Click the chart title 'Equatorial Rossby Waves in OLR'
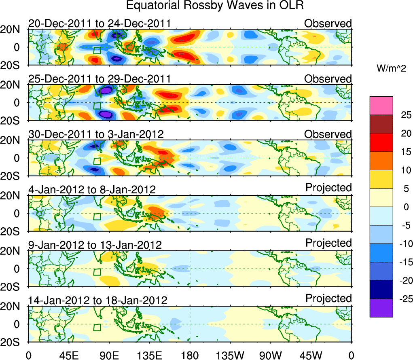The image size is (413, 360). pos(215,6)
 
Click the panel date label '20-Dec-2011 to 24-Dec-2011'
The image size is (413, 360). pos(100,24)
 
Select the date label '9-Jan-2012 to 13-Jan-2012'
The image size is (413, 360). pos(95,245)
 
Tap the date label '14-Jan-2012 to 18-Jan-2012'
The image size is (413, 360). pos(97,301)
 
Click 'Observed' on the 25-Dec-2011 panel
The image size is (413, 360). pos(328,79)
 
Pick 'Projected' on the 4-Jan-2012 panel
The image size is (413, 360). pos(328,188)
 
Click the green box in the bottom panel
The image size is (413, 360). pos(97,327)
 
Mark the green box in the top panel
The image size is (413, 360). pos(97,50)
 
